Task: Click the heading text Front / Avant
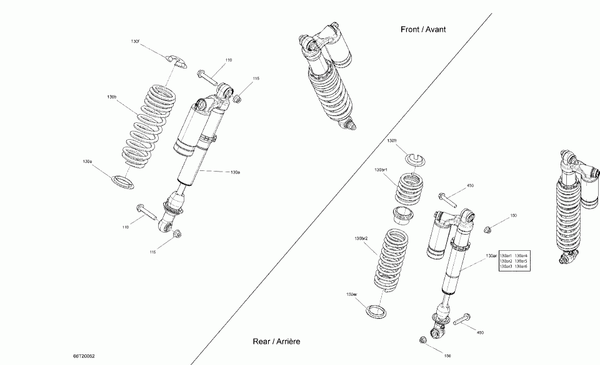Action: [423, 29]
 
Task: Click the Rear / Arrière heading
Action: [277, 341]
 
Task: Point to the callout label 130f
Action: [135, 41]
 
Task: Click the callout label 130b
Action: [112, 97]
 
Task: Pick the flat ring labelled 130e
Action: [122, 182]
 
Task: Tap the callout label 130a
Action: [235, 172]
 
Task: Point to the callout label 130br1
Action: [381, 170]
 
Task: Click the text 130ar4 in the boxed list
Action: [521, 255]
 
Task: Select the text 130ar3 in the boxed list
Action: [506, 266]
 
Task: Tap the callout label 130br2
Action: [361, 238]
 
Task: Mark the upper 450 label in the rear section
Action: [471, 185]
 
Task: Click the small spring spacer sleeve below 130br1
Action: [403, 217]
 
